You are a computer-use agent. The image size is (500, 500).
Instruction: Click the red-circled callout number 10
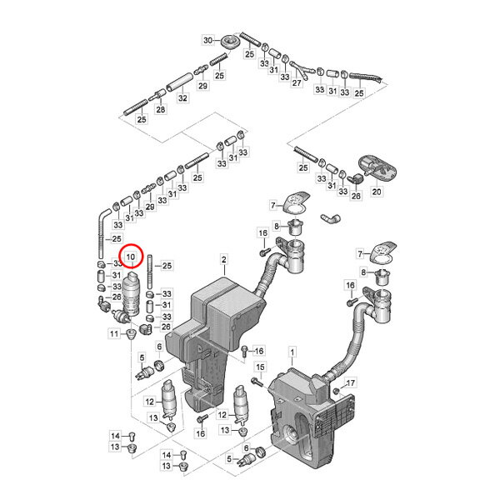(x=131, y=257)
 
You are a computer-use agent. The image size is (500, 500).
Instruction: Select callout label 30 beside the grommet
(x=207, y=40)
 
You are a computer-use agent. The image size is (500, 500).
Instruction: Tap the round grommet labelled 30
(x=229, y=42)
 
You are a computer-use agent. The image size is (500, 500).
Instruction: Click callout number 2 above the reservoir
(x=224, y=259)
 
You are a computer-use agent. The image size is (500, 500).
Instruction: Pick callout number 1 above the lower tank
(x=292, y=352)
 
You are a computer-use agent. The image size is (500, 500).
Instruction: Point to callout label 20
(x=377, y=192)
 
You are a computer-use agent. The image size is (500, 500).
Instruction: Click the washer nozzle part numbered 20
(x=377, y=167)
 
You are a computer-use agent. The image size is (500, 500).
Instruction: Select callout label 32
(x=182, y=97)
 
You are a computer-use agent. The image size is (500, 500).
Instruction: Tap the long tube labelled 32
(x=180, y=82)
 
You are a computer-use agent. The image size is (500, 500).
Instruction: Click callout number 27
(x=297, y=82)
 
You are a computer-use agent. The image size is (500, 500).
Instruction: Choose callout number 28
(x=161, y=109)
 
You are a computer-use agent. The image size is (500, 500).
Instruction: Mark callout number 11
(x=114, y=334)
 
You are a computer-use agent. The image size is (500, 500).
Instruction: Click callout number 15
(x=260, y=367)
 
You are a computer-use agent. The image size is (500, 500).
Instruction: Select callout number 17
(x=350, y=382)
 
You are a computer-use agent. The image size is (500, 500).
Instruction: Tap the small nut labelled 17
(x=336, y=391)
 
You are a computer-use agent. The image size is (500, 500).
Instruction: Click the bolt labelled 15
(x=257, y=382)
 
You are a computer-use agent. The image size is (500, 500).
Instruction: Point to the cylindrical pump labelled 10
(x=132, y=295)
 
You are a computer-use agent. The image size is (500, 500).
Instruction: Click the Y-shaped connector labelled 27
(x=299, y=69)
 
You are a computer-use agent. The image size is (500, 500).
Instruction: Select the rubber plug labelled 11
(x=131, y=335)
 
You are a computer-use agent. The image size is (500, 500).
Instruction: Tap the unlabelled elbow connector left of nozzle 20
(x=330, y=218)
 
